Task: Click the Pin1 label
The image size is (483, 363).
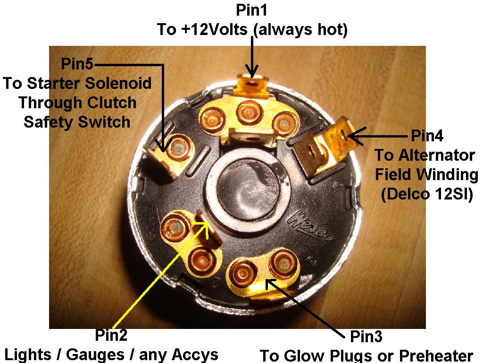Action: [x=252, y=10]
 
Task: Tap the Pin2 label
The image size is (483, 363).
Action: [x=111, y=335]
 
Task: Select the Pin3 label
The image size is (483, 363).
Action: [x=366, y=336]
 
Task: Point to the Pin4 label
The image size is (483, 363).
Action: [x=427, y=136]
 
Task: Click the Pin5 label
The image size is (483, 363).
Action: [x=77, y=64]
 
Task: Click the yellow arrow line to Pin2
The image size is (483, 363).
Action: [x=161, y=276]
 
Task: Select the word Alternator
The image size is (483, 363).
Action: [x=437, y=155]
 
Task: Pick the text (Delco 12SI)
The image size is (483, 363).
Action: [x=427, y=194]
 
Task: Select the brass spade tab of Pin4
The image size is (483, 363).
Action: [x=324, y=147]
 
